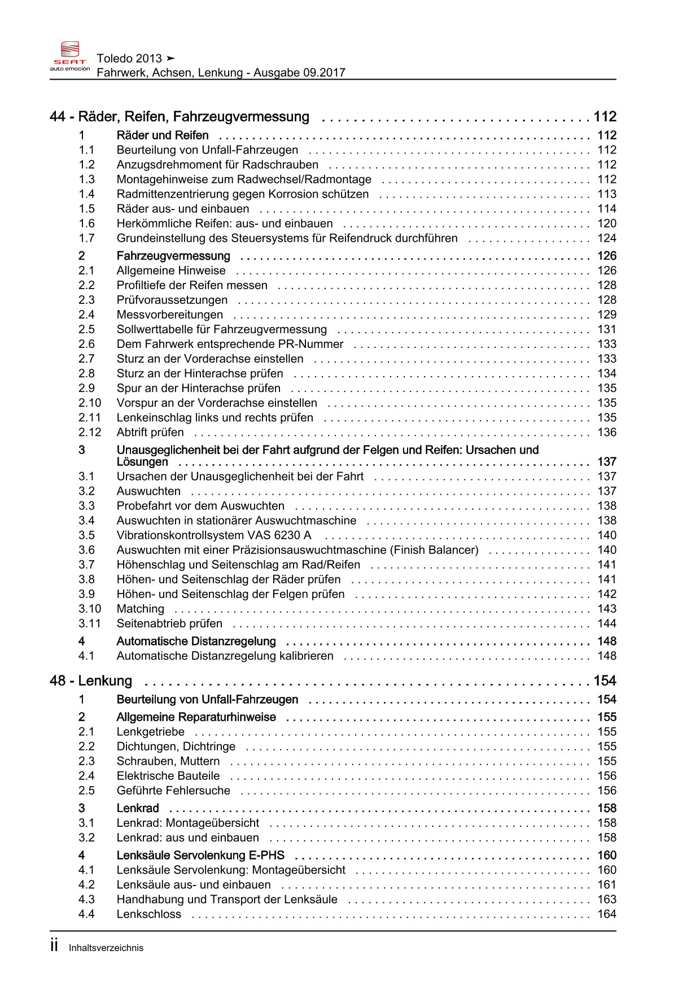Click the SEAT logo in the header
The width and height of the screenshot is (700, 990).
70,56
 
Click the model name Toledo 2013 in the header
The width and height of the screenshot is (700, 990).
129,58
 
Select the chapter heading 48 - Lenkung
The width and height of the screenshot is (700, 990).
91,681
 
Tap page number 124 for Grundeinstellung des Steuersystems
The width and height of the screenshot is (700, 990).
607,238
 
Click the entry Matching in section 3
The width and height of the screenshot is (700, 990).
140,608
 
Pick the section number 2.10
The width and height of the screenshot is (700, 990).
90,403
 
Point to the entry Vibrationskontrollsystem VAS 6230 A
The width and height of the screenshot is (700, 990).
213,535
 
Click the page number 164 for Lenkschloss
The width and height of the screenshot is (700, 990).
607,914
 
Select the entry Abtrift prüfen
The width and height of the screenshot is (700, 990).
150,432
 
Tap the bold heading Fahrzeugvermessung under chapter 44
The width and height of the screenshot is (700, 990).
173,256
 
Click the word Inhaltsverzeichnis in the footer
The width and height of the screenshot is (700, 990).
106,948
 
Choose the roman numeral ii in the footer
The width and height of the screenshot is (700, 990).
54,946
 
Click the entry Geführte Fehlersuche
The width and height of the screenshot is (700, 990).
173,790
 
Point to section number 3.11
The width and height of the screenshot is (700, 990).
90,623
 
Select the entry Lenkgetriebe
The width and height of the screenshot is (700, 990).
150,731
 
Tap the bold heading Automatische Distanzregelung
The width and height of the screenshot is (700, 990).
196,641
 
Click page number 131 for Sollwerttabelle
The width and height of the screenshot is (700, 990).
607,329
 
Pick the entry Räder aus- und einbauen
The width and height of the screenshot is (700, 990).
183,208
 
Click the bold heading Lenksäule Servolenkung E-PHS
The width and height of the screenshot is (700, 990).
200,855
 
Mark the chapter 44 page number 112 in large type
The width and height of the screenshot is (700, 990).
605,116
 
